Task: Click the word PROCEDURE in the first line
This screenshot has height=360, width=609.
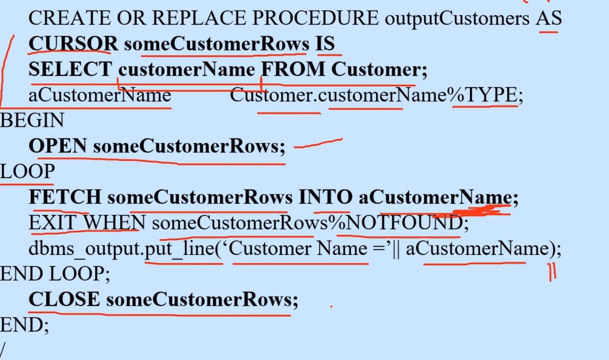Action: [315, 18]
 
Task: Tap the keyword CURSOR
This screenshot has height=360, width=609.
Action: [73, 44]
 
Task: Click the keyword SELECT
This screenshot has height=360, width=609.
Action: [70, 69]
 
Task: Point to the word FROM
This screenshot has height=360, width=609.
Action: [293, 69]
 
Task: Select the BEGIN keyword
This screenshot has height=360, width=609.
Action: [32, 120]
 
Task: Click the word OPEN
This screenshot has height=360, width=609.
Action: [58, 146]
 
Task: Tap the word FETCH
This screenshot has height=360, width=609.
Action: [65, 197]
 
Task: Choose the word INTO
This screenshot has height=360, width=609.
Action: [325, 197]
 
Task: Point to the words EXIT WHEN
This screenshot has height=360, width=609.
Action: [87, 223]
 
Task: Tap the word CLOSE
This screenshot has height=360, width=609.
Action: [64, 299]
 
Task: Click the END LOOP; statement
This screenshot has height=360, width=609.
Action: [55, 274]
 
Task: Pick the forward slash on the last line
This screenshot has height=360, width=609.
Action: [3, 350]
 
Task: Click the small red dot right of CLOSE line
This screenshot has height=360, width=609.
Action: [332, 306]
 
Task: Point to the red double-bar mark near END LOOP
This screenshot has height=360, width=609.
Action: [552, 272]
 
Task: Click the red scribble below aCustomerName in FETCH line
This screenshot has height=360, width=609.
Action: [478, 211]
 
